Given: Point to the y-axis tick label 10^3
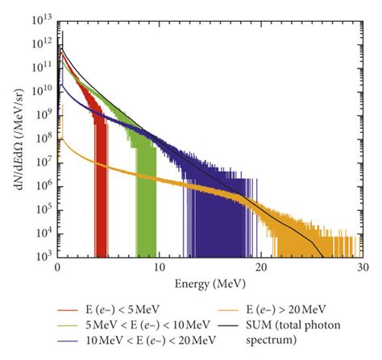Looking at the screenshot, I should (43, 256).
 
